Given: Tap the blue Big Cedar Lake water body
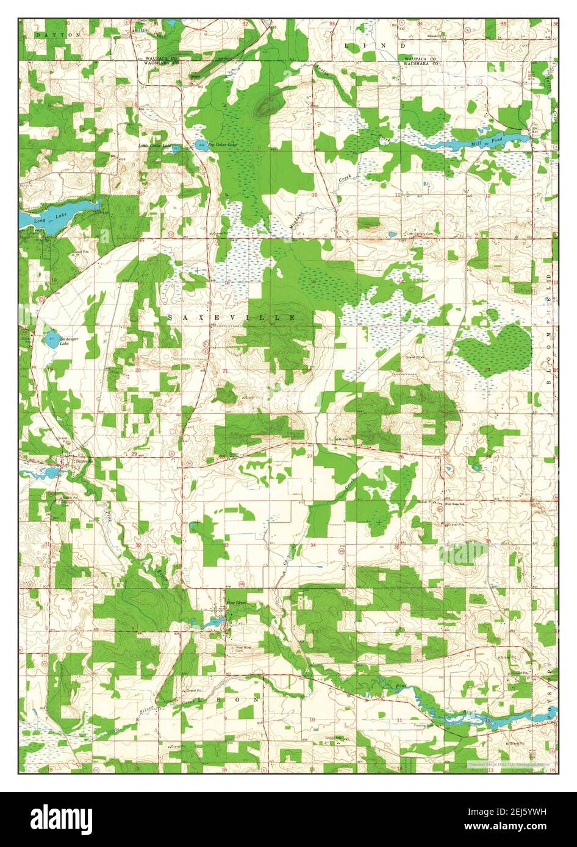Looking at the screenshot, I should pos(201,144).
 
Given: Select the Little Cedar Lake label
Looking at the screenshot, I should pos(155,146).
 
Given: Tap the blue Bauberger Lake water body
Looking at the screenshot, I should pos(51,339).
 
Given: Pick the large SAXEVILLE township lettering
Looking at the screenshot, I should pos(231,318).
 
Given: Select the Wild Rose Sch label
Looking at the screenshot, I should pos(455,504).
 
